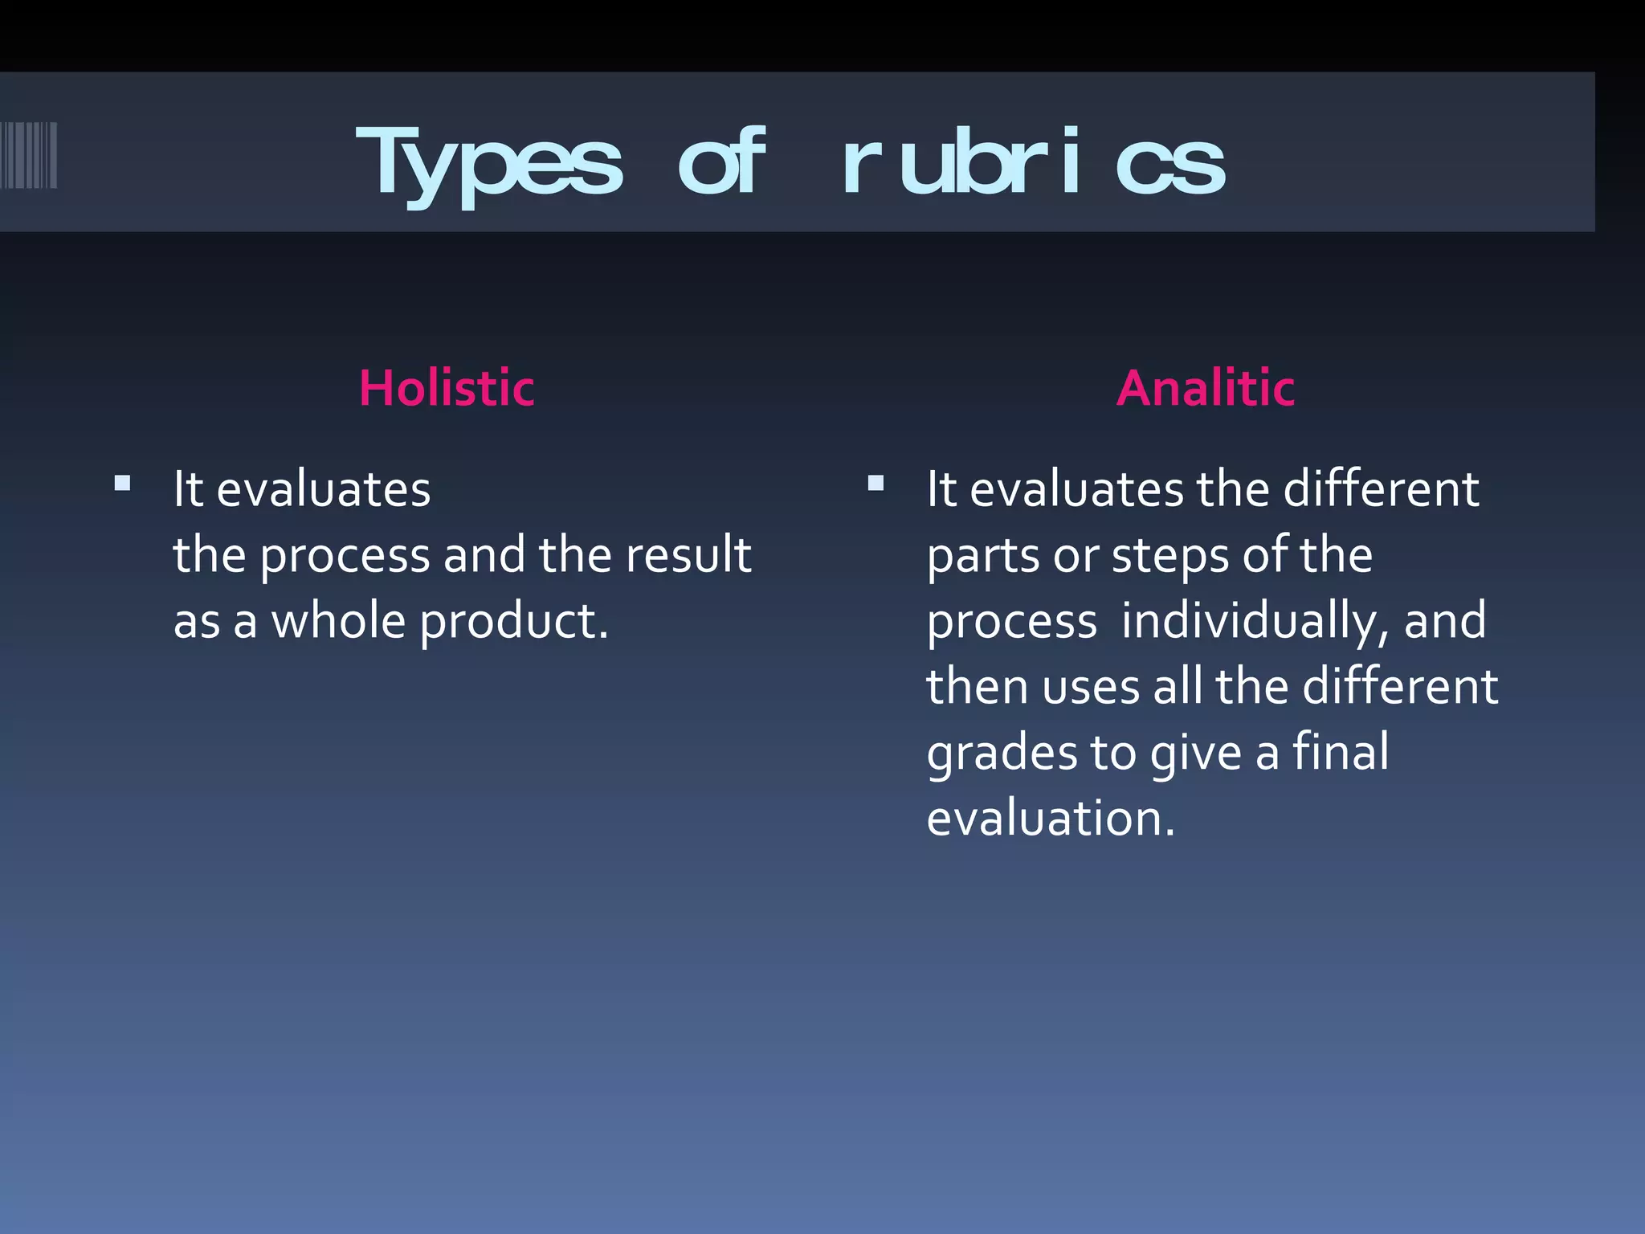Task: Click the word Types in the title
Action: pos(488,163)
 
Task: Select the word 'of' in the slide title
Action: pos(720,163)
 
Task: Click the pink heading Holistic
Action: pos(447,388)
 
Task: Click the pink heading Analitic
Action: pos(1205,388)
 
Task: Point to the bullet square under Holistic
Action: pos(122,483)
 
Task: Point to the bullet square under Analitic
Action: pos(876,483)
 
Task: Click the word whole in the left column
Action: pos(337,622)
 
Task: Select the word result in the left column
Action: pos(688,555)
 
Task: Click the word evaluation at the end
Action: pos(1050,819)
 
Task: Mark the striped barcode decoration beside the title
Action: pos(28,155)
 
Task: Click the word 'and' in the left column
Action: pos(484,555)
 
